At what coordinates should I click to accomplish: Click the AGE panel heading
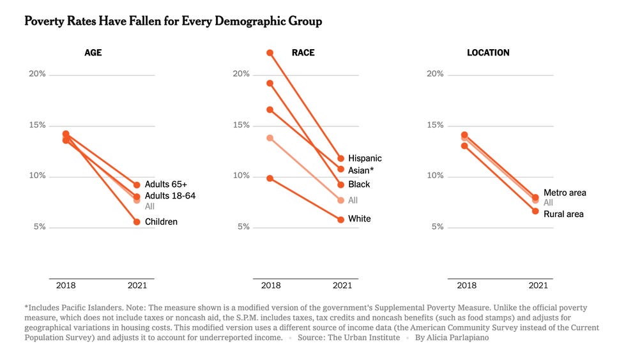(93, 53)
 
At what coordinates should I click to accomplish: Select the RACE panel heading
(303, 53)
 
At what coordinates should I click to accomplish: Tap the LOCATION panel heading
(488, 53)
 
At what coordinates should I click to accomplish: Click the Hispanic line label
(365, 158)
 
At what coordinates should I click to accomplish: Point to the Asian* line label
(362, 170)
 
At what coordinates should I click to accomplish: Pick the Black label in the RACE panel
(359, 184)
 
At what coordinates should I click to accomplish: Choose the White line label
(359, 219)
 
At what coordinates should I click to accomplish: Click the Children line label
(161, 222)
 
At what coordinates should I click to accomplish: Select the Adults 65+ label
(165, 184)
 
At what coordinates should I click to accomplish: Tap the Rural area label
(563, 214)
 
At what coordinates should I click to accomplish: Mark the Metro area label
(565, 193)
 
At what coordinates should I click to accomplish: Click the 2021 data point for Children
(137, 222)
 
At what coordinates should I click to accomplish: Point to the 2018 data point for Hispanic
(270, 52)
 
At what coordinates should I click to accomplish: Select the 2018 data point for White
(270, 178)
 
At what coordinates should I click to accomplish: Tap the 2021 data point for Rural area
(535, 211)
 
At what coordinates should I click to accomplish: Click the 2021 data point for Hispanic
(341, 158)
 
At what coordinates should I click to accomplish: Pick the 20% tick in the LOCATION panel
(434, 74)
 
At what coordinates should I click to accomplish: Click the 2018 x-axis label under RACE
(271, 285)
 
